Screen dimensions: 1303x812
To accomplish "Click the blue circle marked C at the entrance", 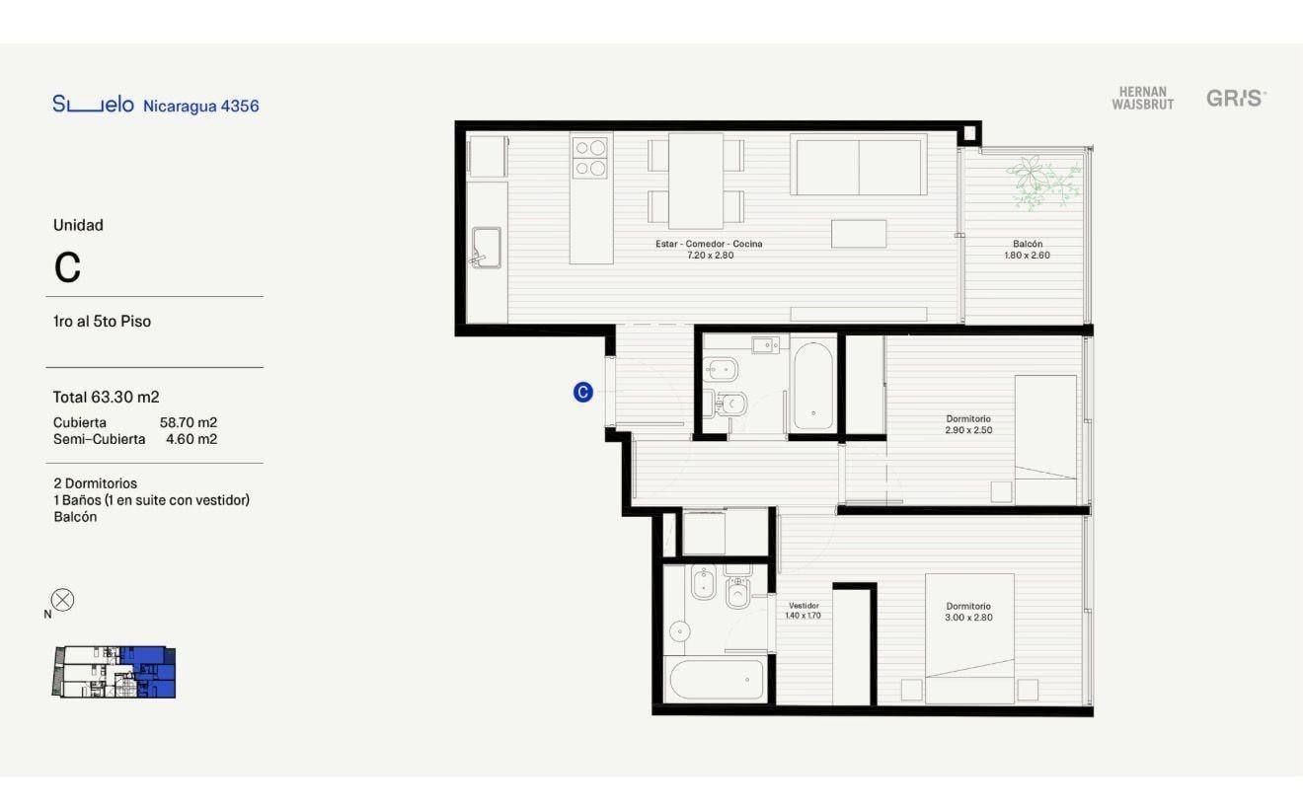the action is click(582, 393).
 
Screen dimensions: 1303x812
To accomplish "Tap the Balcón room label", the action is click(1028, 244).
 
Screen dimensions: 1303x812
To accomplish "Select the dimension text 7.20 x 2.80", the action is click(710, 256).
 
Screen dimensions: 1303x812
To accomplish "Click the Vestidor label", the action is click(804, 605).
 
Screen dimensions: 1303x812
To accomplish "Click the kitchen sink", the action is click(487, 248).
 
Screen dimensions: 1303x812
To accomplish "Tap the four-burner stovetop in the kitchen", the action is click(590, 158).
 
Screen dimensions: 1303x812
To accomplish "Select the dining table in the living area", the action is click(696, 181).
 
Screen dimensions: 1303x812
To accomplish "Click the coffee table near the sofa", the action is click(859, 234).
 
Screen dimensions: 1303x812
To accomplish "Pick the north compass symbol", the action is click(62, 600).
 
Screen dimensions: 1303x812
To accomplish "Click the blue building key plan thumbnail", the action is click(114, 671).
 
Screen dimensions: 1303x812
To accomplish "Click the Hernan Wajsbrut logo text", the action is click(1142, 99).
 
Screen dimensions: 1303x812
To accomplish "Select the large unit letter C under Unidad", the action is click(67, 267).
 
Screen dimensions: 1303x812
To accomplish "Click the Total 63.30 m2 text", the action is click(106, 397).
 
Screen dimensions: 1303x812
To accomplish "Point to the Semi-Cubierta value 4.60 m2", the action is click(192, 439).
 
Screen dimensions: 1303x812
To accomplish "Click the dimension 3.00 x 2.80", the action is click(968, 618).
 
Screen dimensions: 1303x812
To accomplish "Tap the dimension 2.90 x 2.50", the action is click(968, 430).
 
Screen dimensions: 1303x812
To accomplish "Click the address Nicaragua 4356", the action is click(200, 106).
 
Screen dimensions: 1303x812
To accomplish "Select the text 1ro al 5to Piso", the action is click(102, 322).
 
